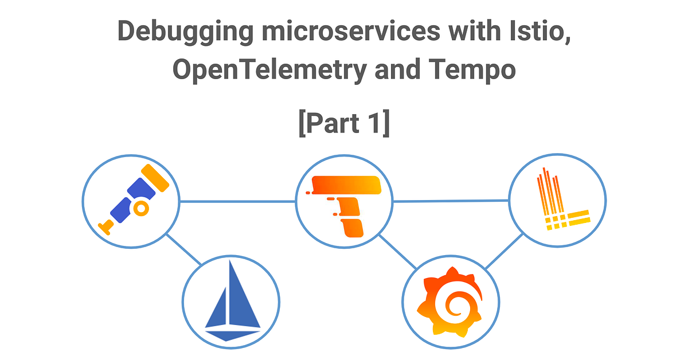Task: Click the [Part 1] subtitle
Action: coord(344,123)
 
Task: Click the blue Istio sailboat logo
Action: coord(231,300)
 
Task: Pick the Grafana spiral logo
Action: coord(450,304)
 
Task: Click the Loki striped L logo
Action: coord(559,201)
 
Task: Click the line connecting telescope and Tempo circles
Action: coord(238,201)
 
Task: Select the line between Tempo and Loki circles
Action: coord(451,201)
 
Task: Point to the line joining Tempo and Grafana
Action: coord(397,251)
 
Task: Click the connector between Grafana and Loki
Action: coord(505,251)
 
